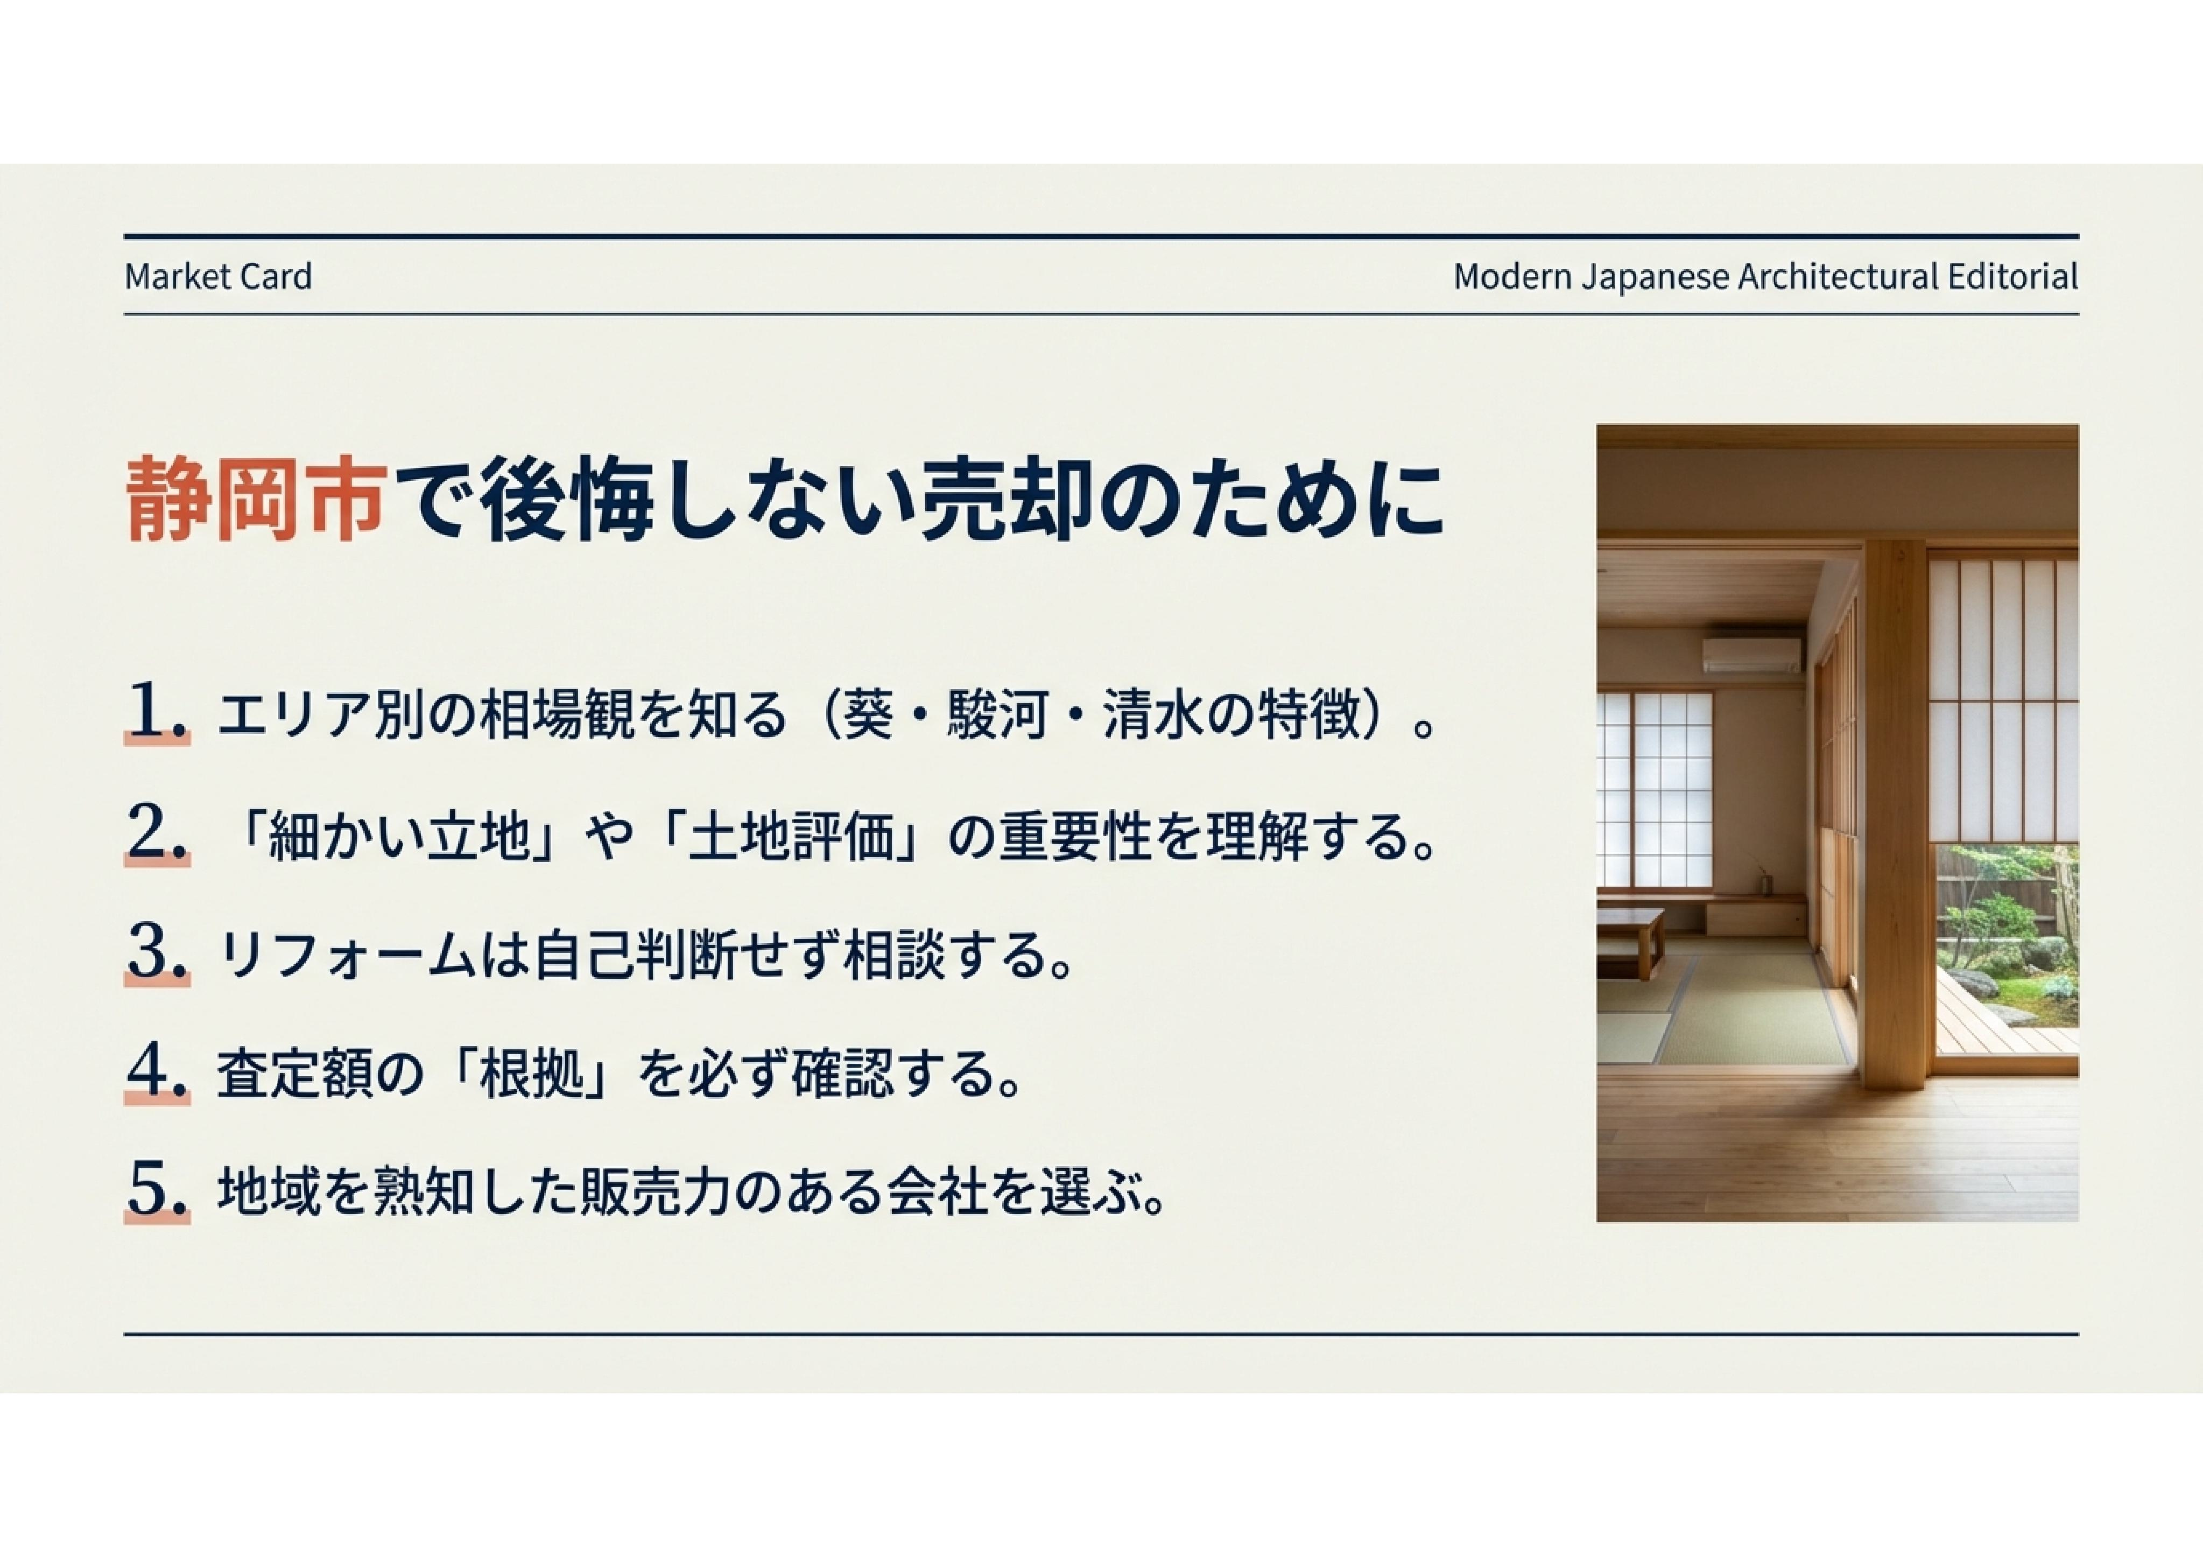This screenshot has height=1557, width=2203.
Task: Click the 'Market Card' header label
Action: point(218,276)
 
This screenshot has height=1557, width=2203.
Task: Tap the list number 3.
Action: point(157,953)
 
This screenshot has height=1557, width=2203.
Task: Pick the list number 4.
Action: point(157,1072)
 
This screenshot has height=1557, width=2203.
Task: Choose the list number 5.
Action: point(157,1191)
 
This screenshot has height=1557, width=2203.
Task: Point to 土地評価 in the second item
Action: point(794,835)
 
